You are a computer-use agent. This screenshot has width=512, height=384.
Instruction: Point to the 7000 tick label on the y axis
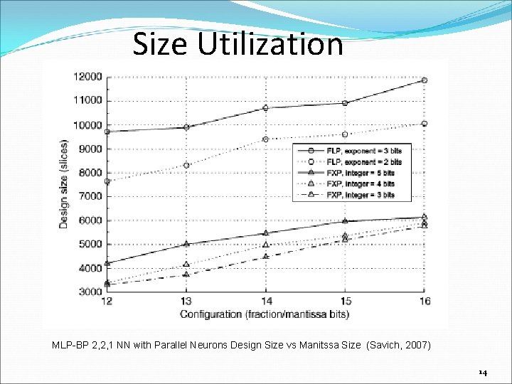click(x=90, y=196)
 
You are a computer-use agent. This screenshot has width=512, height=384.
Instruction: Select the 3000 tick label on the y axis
click(x=90, y=292)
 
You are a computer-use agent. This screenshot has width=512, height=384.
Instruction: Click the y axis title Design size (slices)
click(x=64, y=183)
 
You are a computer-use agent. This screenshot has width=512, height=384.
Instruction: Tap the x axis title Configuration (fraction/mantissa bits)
click(x=264, y=314)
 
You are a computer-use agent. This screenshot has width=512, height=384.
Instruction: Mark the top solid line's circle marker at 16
click(x=425, y=80)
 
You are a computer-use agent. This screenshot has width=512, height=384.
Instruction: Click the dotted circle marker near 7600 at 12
click(x=107, y=181)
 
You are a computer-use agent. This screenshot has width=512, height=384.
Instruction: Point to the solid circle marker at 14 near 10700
click(x=265, y=108)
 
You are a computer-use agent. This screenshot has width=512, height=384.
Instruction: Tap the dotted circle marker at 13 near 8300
click(x=186, y=166)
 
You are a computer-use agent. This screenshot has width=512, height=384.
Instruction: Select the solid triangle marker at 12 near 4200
click(x=107, y=263)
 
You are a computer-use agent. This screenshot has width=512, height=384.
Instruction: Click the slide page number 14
click(x=483, y=372)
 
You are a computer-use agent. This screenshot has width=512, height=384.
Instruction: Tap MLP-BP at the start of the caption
click(x=69, y=345)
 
